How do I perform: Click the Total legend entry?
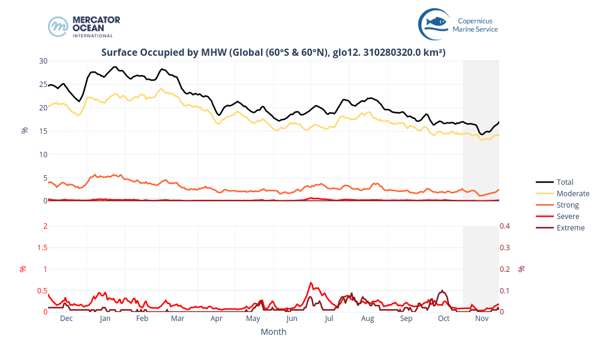[565, 182]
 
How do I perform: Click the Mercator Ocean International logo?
[84, 26]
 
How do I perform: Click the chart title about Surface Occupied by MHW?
[273, 53]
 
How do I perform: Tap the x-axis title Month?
[273, 332]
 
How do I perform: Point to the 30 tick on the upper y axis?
[43, 61]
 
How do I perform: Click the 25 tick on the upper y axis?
[43, 85]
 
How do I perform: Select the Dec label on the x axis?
[66, 319]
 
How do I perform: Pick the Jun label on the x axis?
[292, 319]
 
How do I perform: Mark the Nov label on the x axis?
[482, 319]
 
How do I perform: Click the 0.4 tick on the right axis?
[506, 226]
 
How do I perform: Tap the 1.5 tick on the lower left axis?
[42, 248]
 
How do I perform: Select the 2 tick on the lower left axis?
[45, 226]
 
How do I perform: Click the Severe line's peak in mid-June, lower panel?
[311, 282]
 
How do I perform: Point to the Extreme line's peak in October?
[442, 290]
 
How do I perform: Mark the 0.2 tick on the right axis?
[506, 269]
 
